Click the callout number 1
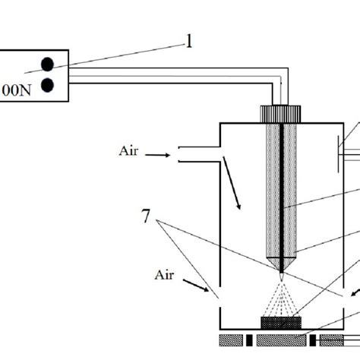click(x=189, y=41)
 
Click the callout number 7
click(x=146, y=216)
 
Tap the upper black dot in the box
click(x=47, y=64)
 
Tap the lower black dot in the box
click(x=47, y=85)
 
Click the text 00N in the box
click(x=17, y=90)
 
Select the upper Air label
click(x=128, y=151)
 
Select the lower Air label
click(x=164, y=275)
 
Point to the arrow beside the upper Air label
click(x=157, y=155)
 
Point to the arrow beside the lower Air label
click(x=196, y=286)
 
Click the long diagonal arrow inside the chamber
click(x=232, y=183)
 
